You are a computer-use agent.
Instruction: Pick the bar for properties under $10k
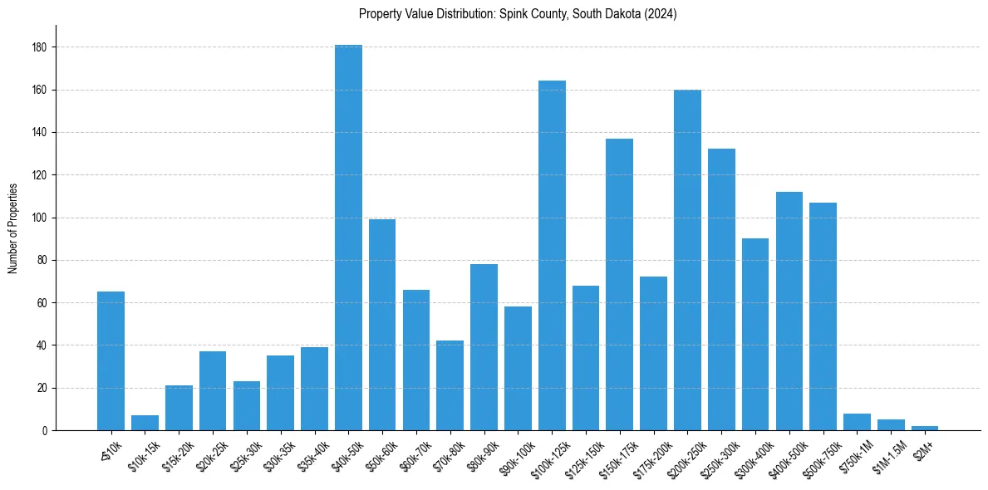point(111,361)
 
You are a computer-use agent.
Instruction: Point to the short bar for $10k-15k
point(145,423)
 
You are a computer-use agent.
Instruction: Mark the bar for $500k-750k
point(823,316)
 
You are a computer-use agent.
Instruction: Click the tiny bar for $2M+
point(925,428)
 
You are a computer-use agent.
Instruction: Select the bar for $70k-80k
point(450,385)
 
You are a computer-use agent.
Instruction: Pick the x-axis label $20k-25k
point(209,453)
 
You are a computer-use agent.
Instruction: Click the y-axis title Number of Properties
point(12,228)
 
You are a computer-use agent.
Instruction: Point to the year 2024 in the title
point(662,14)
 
